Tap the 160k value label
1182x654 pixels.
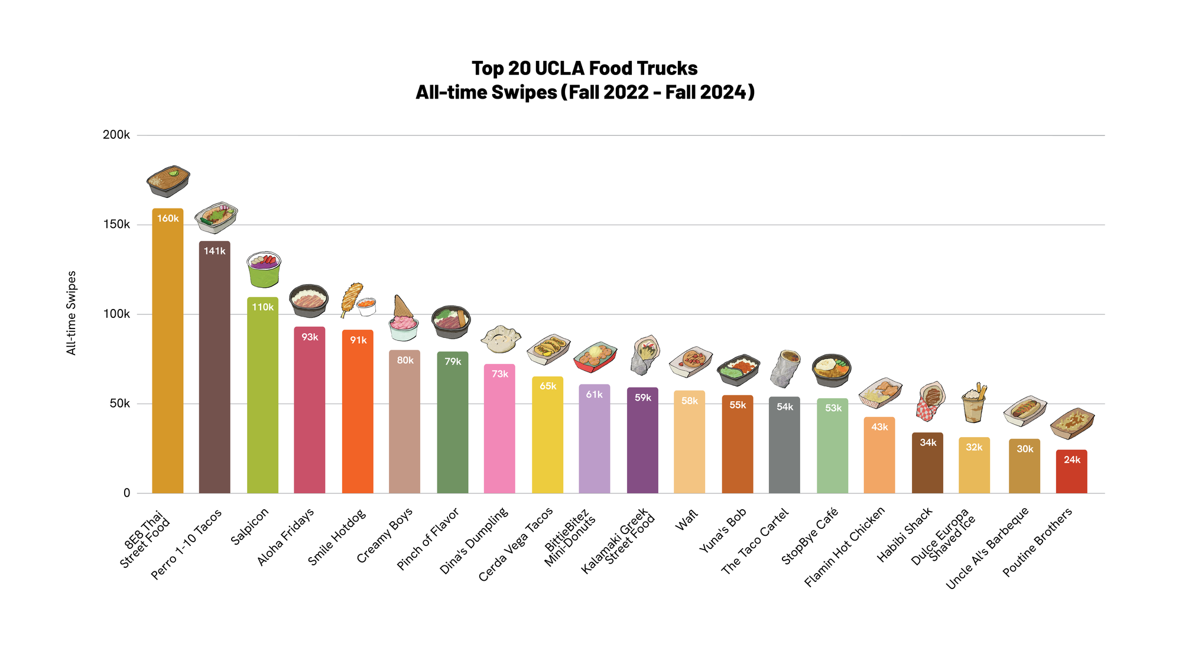(x=168, y=219)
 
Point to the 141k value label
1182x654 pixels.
(x=215, y=251)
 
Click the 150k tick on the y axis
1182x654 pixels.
(x=116, y=224)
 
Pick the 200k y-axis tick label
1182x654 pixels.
(x=116, y=135)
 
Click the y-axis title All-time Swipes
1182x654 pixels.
(x=72, y=313)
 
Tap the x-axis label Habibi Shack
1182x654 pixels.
(x=905, y=535)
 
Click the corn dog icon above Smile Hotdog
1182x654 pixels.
(x=352, y=298)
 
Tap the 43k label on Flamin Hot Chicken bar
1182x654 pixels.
(x=879, y=427)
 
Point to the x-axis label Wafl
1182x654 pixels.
(x=687, y=520)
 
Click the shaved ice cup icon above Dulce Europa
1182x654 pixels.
(x=974, y=404)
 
